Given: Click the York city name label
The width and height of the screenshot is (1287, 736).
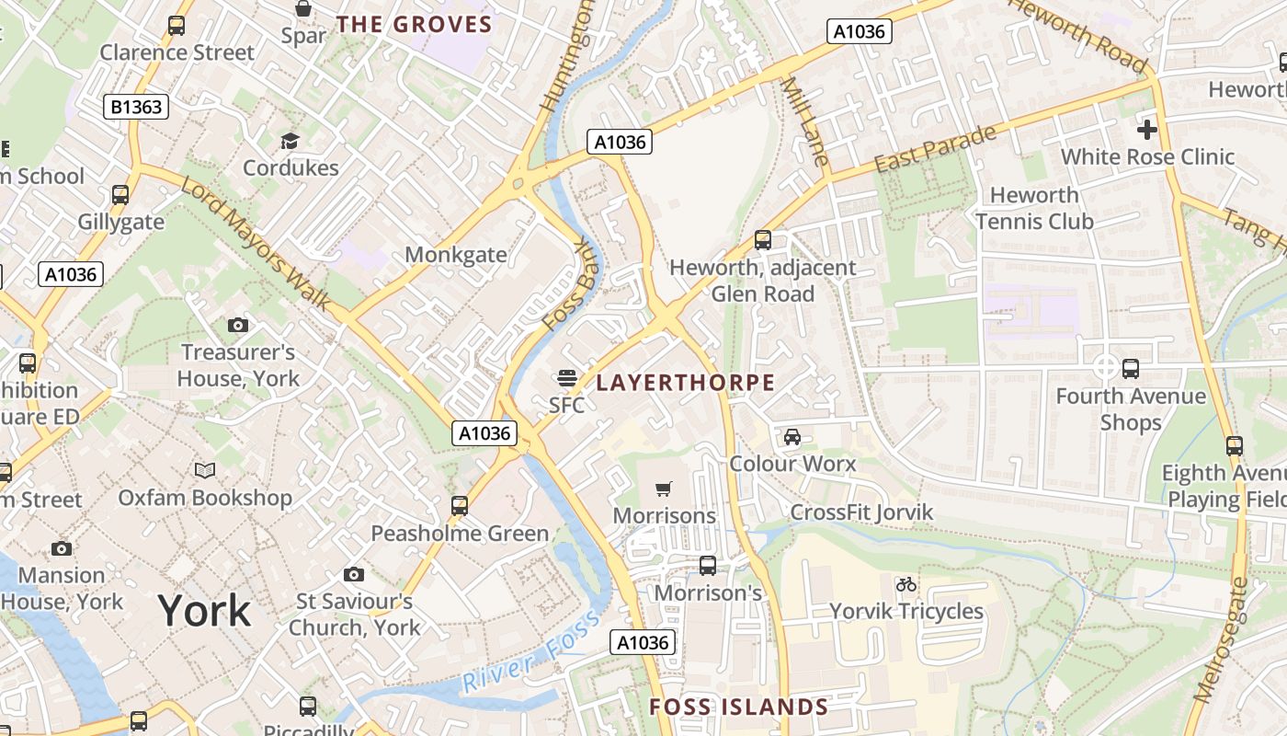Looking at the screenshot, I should tap(204, 611).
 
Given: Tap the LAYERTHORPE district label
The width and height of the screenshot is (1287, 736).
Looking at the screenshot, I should tap(686, 383).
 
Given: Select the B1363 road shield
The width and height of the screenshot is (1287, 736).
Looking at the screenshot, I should tap(136, 107).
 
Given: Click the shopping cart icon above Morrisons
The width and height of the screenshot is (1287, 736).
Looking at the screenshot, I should tap(664, 489).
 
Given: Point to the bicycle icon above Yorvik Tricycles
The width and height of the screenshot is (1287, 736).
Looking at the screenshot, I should tap(905, 584).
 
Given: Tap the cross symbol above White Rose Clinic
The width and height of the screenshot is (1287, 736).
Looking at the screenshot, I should tap(1146, 129).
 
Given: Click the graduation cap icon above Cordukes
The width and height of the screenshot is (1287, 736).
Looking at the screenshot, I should tap(290, 141).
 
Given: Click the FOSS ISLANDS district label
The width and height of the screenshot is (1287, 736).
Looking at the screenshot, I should tap(739, 707).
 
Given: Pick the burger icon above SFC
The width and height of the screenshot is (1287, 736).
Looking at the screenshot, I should tap(566, 377).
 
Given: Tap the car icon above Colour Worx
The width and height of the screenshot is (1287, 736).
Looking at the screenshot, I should tap(792, 437).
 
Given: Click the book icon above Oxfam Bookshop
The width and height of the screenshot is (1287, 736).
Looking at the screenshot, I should tap(205, 471).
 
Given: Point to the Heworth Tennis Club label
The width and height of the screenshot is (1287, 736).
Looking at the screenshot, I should tap(1034, 208).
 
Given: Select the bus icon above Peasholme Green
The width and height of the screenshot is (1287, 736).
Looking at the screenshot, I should tap(460, 506).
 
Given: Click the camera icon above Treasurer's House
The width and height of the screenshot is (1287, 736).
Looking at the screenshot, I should tap(238, 325).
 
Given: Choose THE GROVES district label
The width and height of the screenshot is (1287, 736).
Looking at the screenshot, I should tap(415, 24).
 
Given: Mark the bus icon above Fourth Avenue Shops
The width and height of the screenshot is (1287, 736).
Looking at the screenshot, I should tap(1131, 369).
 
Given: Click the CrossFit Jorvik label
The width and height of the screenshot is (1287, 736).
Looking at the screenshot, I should tap(861, 512).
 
